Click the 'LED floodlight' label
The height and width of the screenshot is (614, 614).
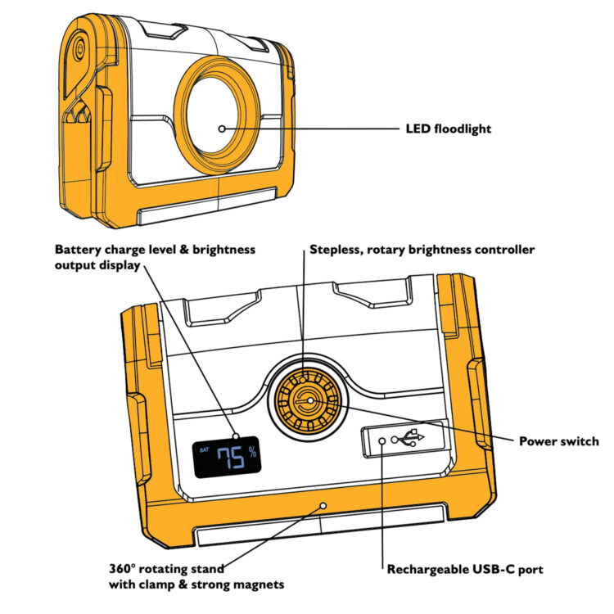(x=448, y=129)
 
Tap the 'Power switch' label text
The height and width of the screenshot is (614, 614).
(x=559, y=441)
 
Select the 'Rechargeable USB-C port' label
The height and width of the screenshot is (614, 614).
(x=465, y=569)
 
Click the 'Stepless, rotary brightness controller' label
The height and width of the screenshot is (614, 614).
(x=422, y=250)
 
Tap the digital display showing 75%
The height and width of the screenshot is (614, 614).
(x=227, y=457)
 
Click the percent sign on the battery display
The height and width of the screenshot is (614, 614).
(x=253, y=451)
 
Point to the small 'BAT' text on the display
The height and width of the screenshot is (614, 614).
(x=204, y=450)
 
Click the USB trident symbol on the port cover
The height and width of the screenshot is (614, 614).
(x=411, y=438)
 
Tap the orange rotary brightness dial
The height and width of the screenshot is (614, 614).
(x=308, y=401)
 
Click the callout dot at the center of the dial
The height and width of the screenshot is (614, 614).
(x=310, y=400)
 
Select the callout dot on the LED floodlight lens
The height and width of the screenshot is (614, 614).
(x=222, y=129)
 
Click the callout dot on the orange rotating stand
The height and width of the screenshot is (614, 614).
(x=323, y=506)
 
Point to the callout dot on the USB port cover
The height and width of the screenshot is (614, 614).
(x=382, y=441)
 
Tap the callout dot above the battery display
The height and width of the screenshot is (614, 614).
(x=236, y=436)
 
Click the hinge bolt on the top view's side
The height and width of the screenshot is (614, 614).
(x=80, y=48)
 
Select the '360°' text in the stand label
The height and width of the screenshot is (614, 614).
(x=122, y=569)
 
